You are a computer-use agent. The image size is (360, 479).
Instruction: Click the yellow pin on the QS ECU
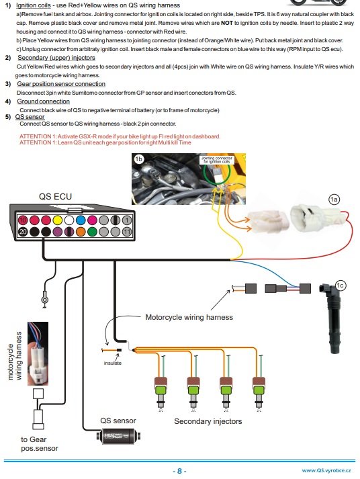56,220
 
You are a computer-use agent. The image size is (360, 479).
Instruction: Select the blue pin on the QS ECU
79,220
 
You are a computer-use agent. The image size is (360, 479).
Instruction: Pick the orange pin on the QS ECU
68,232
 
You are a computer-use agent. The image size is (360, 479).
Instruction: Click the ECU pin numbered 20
22,232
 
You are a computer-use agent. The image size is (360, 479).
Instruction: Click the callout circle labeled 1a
334,198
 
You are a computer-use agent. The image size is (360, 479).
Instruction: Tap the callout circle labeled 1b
139,159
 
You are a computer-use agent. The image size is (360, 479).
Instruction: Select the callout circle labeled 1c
340,285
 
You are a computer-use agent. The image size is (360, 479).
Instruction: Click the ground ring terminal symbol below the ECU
44,295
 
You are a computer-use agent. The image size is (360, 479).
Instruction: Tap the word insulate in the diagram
112,363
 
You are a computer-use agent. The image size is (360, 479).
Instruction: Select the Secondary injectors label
208,421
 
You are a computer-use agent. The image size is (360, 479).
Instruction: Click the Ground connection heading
44,101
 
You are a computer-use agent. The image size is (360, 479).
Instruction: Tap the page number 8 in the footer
179,471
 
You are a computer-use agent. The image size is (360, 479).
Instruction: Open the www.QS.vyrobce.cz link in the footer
326,471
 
